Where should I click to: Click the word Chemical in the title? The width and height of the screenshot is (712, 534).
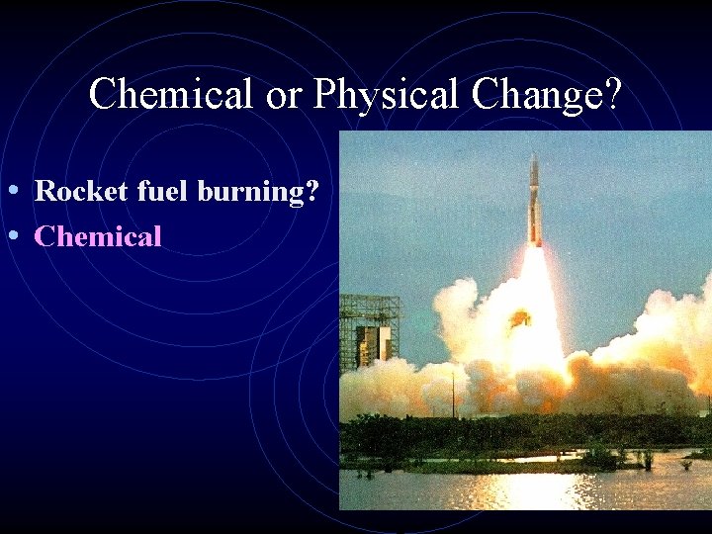coord(170,95)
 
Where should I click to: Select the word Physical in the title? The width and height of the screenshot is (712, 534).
coord(388,95)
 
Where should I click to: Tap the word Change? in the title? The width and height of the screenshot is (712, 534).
coord(547,95)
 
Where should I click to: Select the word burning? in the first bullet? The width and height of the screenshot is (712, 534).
coord(259,191)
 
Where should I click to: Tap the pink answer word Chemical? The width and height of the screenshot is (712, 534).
coord(98,236)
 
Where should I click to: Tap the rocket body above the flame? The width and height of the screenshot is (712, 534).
coord(535,213)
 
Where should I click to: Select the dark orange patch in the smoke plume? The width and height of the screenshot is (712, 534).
coord(519,318)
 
